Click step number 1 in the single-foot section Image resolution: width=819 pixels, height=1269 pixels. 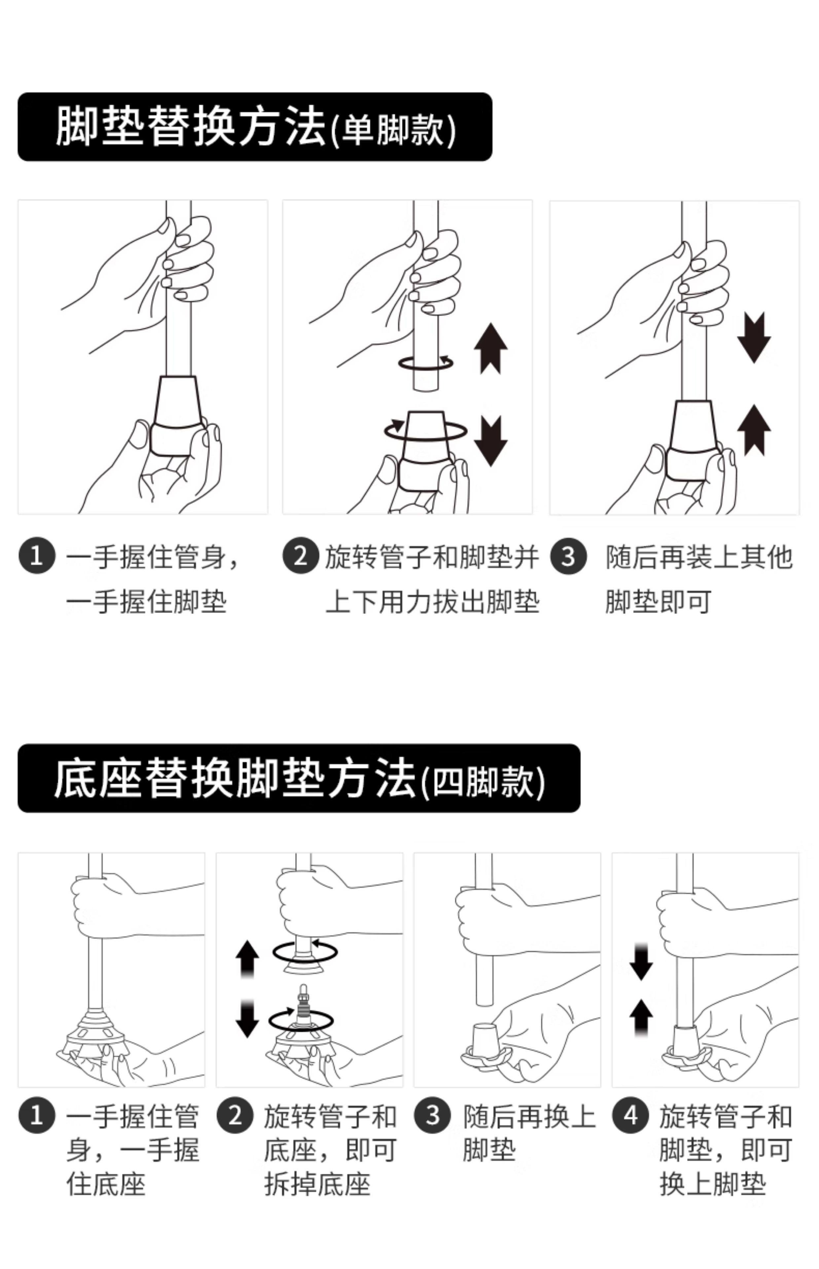(x=37, y=556)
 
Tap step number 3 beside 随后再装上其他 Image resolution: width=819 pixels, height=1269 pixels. (x=568, y=557)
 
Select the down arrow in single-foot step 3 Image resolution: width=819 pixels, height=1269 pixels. (x=754, y=337)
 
